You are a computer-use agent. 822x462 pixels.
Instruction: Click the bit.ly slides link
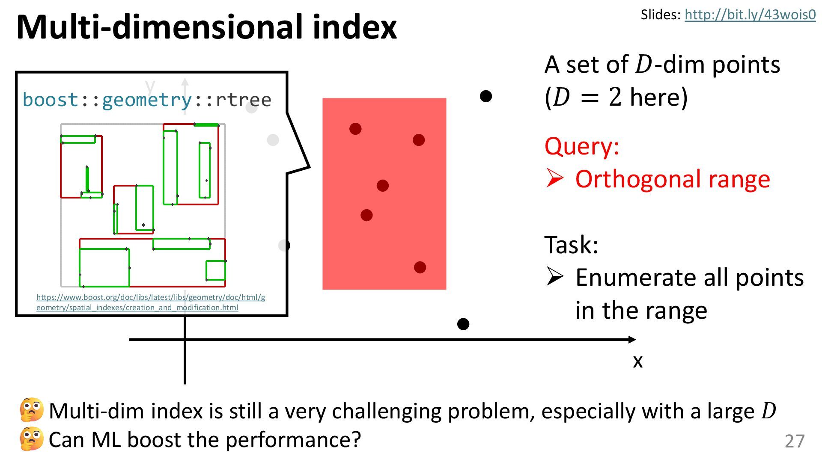click(x=750, y=15)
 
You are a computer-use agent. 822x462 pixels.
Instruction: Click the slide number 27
click(x=795, y=441)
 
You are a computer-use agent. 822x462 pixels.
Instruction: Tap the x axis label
click(x=637, y=361)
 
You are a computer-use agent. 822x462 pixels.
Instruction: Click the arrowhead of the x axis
click(x=632, y=340)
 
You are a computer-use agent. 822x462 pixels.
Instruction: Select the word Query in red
click(x=581, y=146)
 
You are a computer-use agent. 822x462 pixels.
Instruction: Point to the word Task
click(x=571, y=245)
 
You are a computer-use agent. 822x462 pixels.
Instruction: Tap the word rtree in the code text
click(x=243, y=100)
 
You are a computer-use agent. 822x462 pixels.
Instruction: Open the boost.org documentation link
click(x=150, y=302)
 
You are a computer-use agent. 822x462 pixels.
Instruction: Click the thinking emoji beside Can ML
click(x=32, y=439)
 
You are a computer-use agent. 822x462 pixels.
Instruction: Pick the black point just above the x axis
click(x=463, y=324)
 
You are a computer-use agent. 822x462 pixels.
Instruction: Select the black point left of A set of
click(x=486, y=96)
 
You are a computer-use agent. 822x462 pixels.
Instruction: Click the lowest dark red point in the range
click(x=420, y=267)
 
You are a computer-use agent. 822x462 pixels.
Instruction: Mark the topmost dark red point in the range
click(x=355, y=129)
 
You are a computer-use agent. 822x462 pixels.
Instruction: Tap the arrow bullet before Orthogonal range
click(x=555, y=178)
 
